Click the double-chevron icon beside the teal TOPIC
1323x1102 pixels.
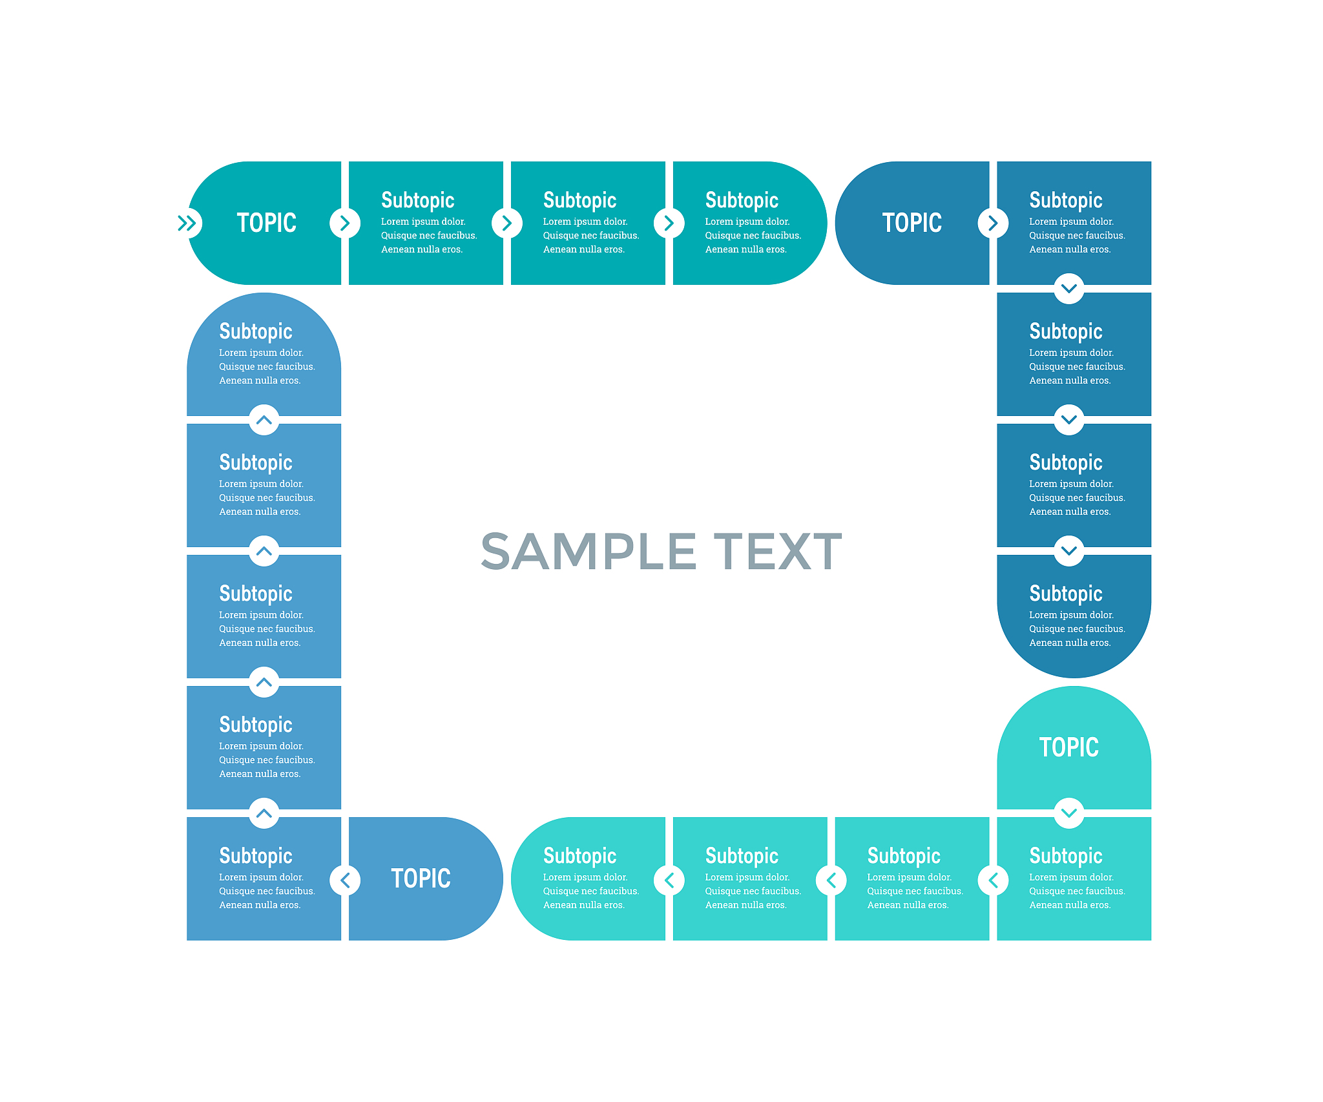(x=187, y=223)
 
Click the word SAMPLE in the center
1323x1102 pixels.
(x=589, y=552)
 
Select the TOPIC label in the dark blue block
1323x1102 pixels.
(x=912, y=223)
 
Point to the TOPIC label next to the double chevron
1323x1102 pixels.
(x=266, y=223)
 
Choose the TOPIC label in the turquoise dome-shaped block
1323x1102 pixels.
(x=1068, y=747)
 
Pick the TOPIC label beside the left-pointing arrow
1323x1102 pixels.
(x=421, y=878)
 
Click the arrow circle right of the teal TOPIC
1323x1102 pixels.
(x=345, y=223)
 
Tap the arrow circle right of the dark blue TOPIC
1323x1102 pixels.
(x=993, y=223)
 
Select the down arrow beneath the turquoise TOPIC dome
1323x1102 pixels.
(x=1069, y=813)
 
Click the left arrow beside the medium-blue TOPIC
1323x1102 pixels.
(x=345, y=880)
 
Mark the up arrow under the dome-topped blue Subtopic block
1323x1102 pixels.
(x=264, y=420)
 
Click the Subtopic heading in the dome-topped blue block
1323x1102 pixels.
(x=256, y=331)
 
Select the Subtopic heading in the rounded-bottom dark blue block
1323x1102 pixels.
(x=1065, y=594)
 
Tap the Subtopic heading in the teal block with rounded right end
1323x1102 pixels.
(x=742, y=200)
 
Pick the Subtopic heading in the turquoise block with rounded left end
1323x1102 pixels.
(x=579, y=856)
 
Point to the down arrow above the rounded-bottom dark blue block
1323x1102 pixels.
(x=1069, y=550)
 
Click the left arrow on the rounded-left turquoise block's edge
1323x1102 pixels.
(x=669, y=880)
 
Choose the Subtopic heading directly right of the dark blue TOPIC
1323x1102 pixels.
(x=1065, y=200)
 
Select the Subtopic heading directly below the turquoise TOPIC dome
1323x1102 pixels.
(x=1065, y=856)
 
